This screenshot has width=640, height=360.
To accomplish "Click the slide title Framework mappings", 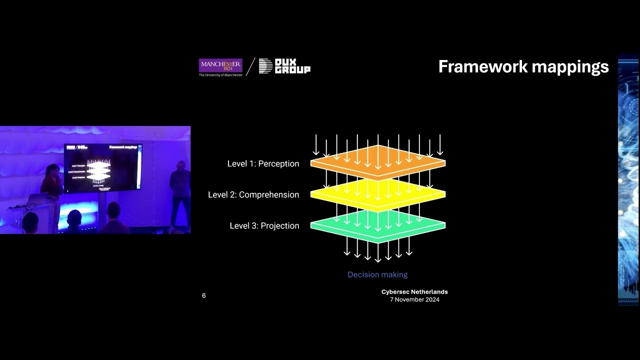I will pos(523,66).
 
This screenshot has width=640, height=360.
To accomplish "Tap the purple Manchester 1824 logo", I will pos(220,65).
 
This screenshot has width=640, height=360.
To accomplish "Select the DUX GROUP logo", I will pos(284,66).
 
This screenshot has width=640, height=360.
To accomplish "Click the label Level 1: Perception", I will pos(263,163).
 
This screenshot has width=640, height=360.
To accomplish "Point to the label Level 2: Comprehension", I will pos(253,194).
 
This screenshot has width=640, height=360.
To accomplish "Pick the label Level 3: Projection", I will pos(264,225).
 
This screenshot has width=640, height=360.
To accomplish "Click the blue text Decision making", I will pos(377,274).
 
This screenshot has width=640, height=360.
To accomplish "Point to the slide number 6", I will pos(203,295).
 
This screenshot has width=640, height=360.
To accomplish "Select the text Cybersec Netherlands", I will pos(414,292).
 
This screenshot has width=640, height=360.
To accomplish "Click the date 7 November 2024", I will pos(414,299).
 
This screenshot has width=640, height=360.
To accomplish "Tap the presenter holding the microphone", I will pos(52,182).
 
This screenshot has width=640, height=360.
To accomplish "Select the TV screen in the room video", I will pos(102,167).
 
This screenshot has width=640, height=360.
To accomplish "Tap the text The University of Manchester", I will pos(220,75).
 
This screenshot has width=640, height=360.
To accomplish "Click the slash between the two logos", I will pos(250,66).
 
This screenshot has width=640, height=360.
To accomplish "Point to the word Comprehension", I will pos(269,194).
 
